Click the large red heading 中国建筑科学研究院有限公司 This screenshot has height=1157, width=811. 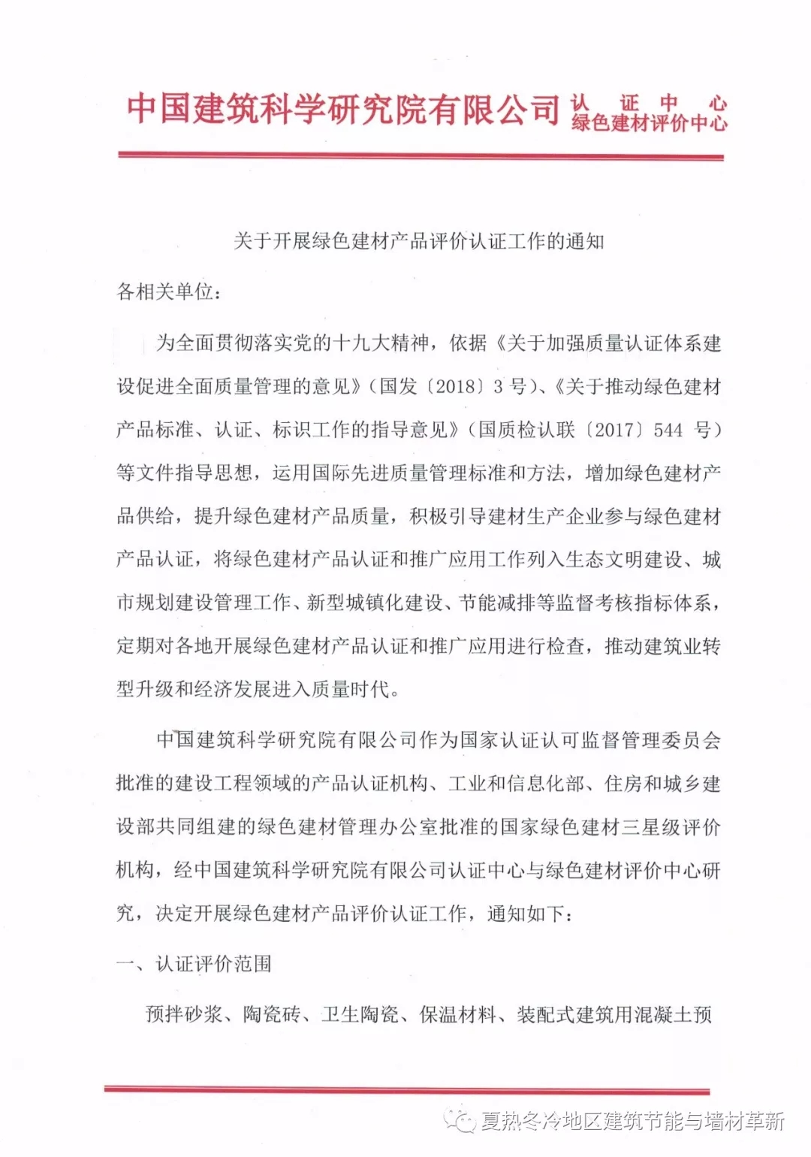tap(342, 110)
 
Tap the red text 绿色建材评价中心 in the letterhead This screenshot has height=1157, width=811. tap(650, 122)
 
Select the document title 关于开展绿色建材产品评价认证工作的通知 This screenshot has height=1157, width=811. tap(418, 241)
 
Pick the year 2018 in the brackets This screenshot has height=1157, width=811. tap(456, 387)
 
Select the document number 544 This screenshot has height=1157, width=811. tap(668, 430)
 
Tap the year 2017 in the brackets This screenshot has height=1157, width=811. tap(614, 430)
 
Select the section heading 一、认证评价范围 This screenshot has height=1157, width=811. tap(194, 964)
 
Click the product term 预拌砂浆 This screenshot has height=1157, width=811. tap(184, 1015)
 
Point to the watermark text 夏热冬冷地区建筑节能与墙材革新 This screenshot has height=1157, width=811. tap(632, 1122)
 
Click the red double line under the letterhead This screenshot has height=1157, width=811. tap(421, 156)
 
